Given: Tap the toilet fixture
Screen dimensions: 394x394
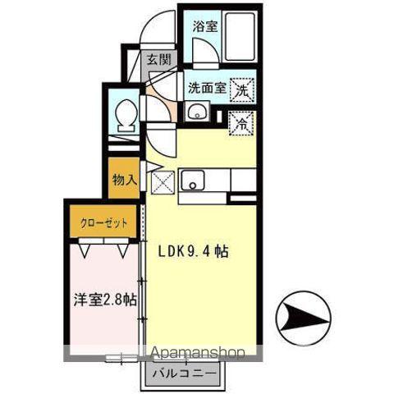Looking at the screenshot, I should click(x=126, y=117).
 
